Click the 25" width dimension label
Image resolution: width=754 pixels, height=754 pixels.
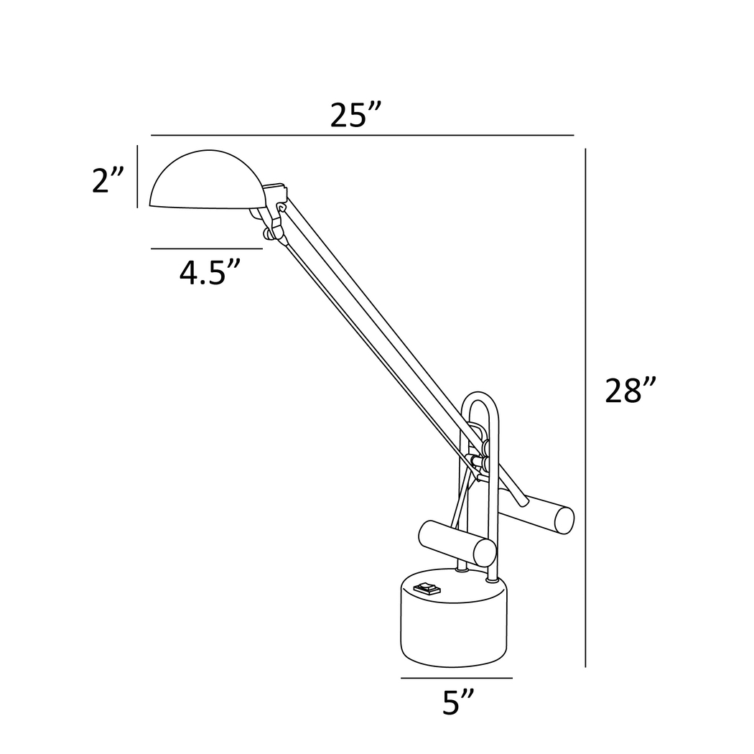[355, 115]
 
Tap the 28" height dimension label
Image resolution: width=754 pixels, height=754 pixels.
[630, 391]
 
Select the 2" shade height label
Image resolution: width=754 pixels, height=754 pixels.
[109, 180]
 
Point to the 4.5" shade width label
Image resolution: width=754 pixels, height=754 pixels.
[209, 274]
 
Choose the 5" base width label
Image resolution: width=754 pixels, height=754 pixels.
[457, 702]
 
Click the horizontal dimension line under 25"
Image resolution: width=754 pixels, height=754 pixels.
[362, 135]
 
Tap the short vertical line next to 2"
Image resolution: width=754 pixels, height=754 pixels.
[137, 176]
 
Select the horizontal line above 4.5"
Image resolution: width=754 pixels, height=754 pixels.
[206, 248]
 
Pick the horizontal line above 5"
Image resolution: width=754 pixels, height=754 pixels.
[457, 677]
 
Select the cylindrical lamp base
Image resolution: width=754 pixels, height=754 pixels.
[454, 621]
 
